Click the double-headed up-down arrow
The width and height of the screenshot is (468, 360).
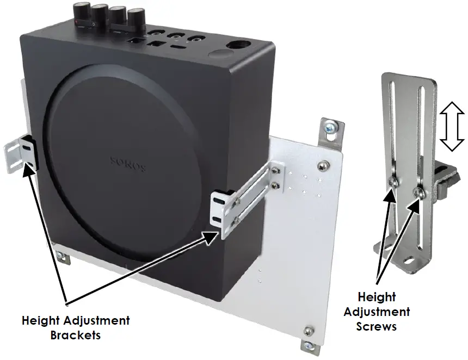click(x=451, y=128)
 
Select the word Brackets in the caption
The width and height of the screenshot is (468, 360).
click(x=76, y=334)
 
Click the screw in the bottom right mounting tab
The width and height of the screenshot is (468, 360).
click(x=309, y=330)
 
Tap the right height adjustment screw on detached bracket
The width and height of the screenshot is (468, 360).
click(x=418, y=191)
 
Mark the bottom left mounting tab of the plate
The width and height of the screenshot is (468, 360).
click(x=61, y=257)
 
